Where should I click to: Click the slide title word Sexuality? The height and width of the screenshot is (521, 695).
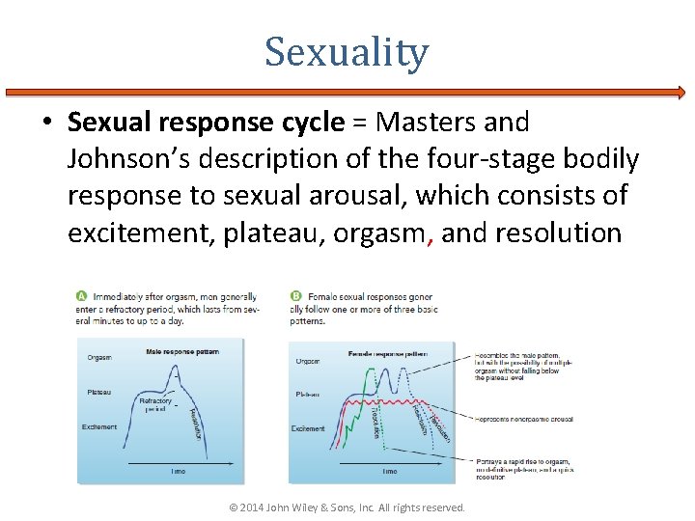pyautogui.click(x=347, y=52)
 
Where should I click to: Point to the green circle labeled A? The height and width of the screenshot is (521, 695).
pyautogui.click(x=83, y=296)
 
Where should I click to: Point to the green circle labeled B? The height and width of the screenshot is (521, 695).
pyautogui.click(x=294, y=296)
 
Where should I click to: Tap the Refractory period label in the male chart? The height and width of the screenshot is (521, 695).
pyautogui.click(x=155, y=403)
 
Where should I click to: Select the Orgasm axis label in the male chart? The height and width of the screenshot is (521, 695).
pyautogui.click(x=99, y=357)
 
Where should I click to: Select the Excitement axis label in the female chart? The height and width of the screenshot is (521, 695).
pyautogui.click(x=308, y=428)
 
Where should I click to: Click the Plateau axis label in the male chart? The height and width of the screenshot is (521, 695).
pyautogui.click(x=98, y=392)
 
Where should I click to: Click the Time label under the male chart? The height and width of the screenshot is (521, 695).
pyautogui.click(x=179, y=471)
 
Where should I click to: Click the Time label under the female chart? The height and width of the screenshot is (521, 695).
pyautogui.click(x=389, y=471)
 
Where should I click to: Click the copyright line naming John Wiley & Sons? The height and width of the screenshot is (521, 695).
pyautogui.click(x=347, y=507)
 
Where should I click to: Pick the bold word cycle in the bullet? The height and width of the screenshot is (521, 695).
pyautogui.click(x=312, y=123)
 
